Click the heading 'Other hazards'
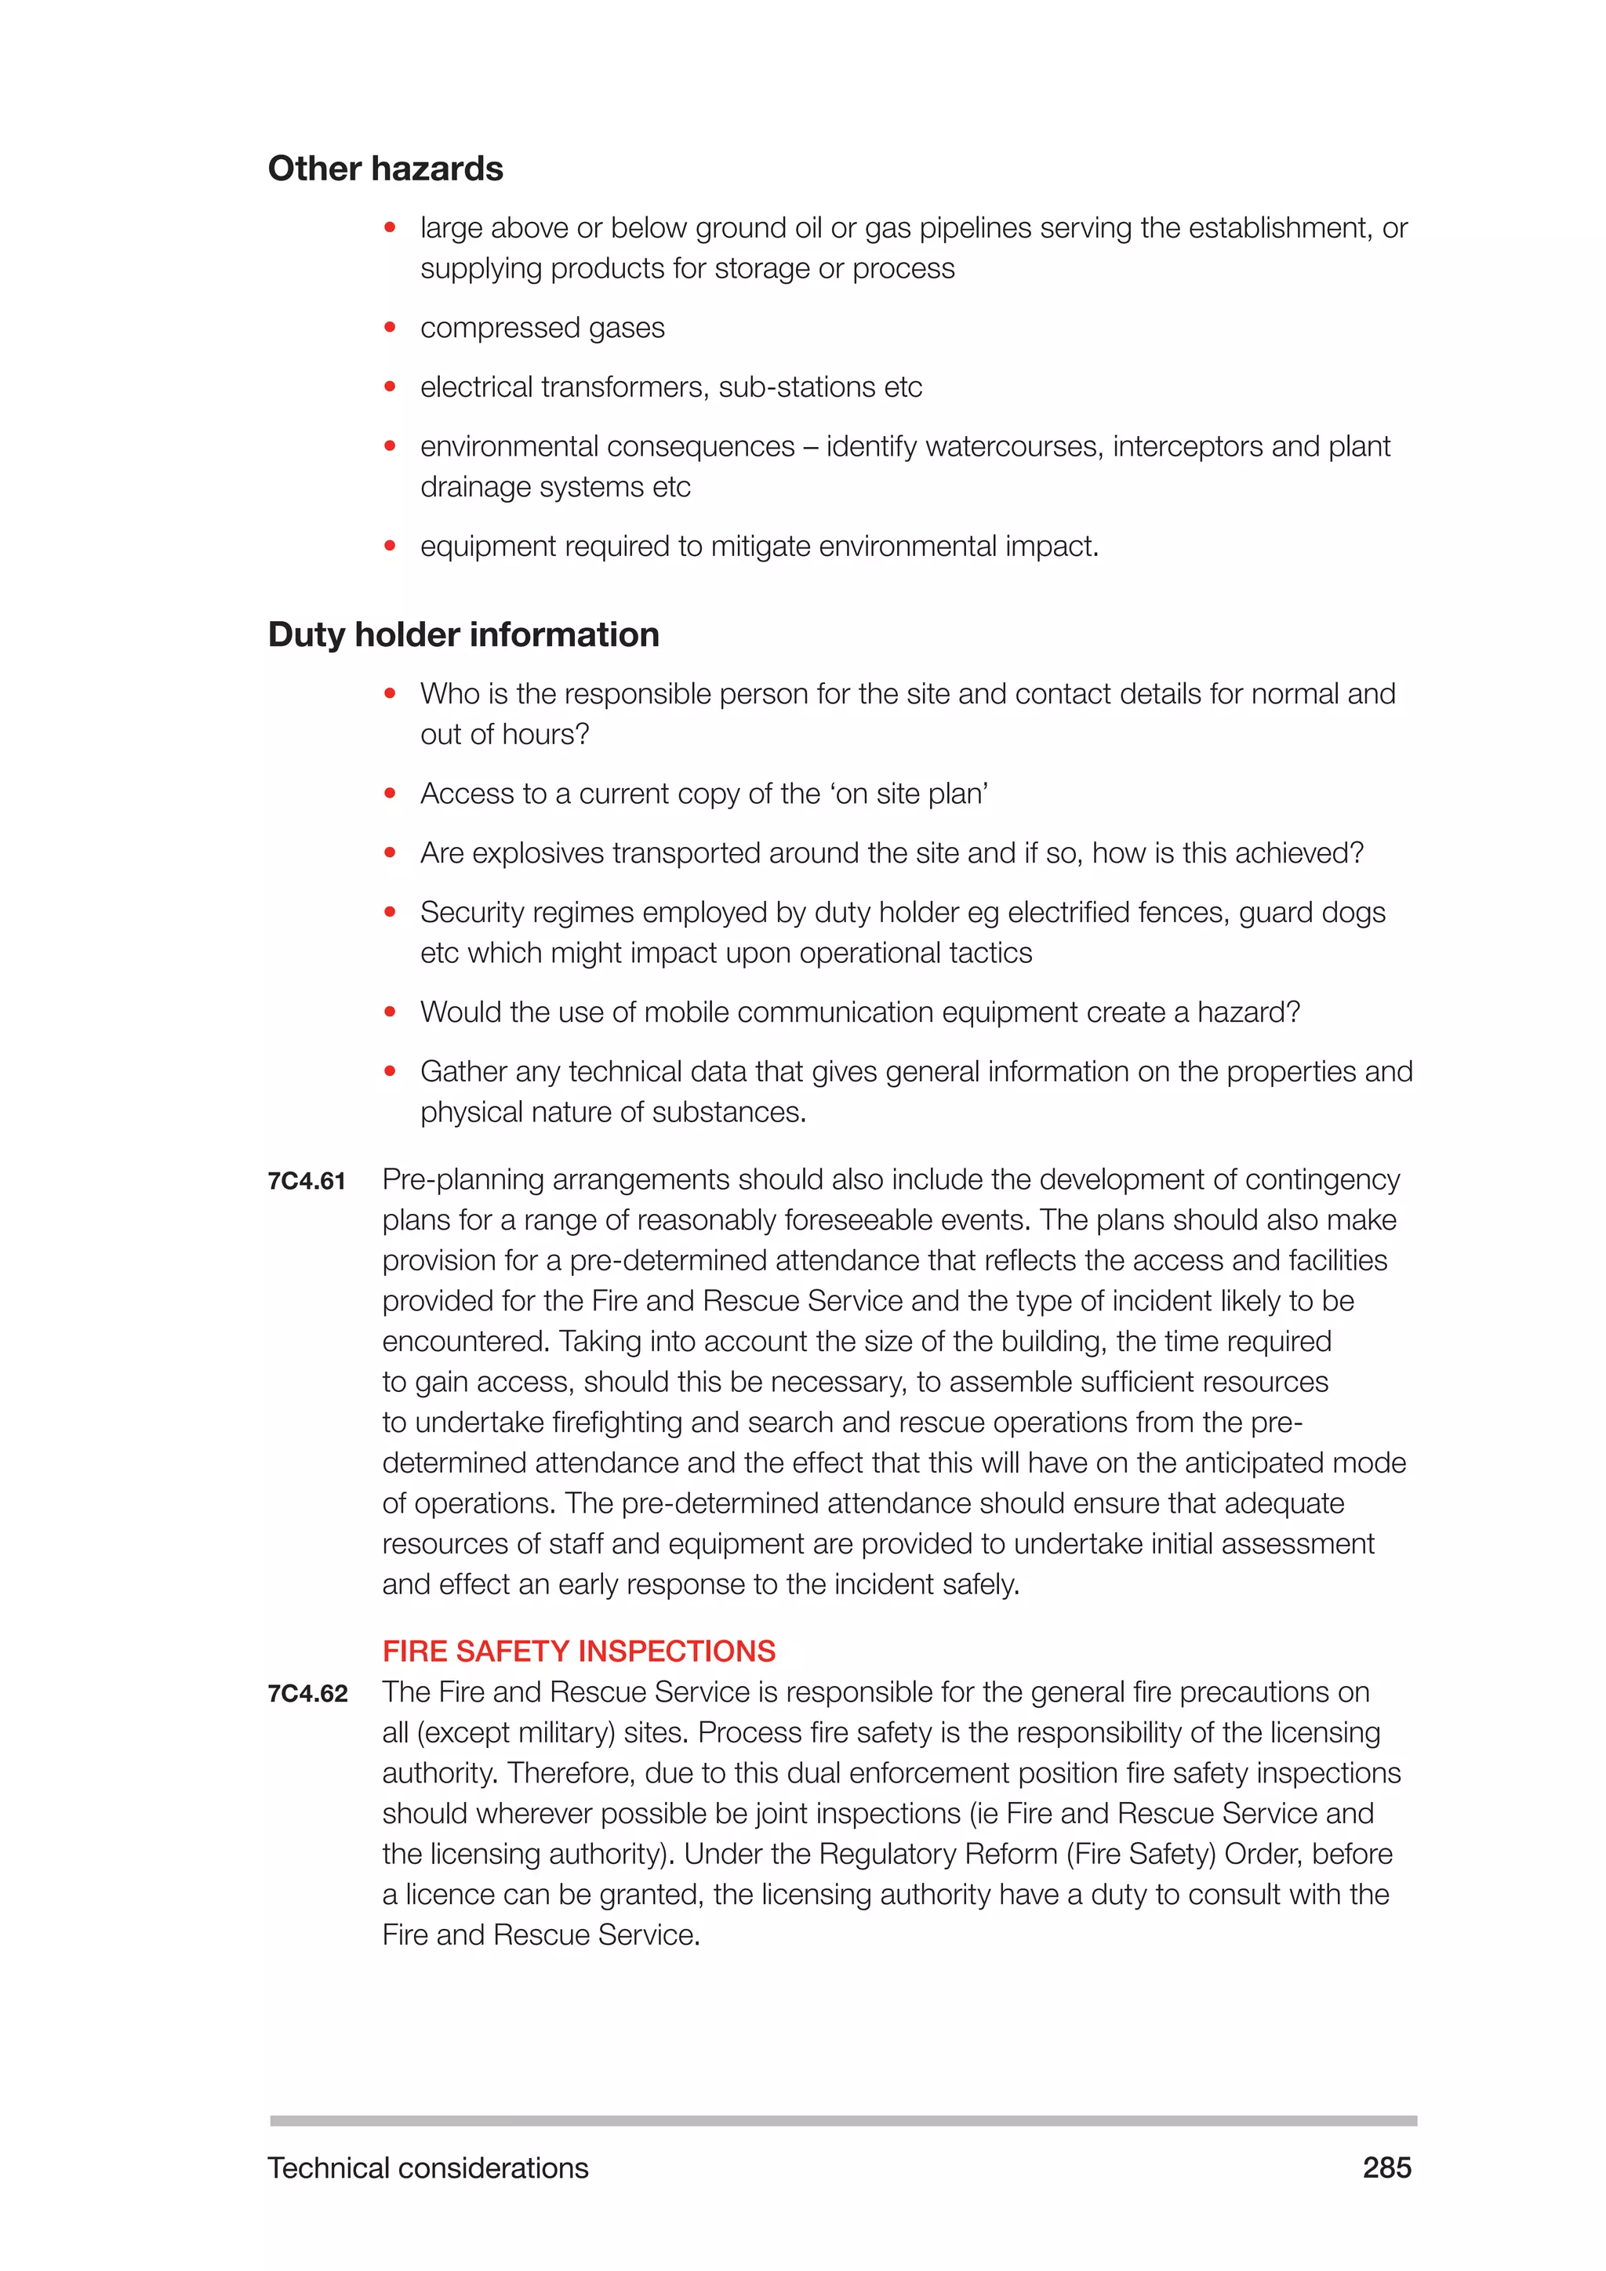(x=385, y=169)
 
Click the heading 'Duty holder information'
(x=463, y=635)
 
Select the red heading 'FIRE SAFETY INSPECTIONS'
(x=579, y=1651)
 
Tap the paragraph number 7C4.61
(x=307, y=1181)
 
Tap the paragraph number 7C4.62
(x=307, y=1693)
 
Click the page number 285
(x=1386, y=2167)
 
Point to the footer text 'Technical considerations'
(x=427, y=2168)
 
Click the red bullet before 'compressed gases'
(x=391, y=327)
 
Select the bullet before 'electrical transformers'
(x=391, y=387)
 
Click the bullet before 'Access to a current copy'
(x=391, y=794)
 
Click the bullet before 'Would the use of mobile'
(x=391, y=1012)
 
